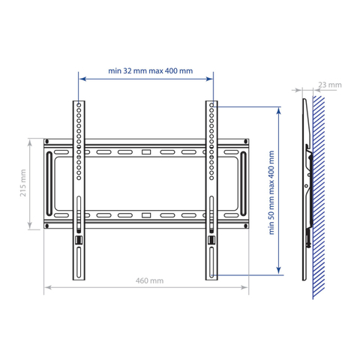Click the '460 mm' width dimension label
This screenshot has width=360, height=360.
(149, 280)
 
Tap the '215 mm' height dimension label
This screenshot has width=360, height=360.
(23, 183)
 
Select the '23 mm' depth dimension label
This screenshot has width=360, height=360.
(330, 85)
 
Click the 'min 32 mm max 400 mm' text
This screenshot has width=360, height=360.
(151, 71)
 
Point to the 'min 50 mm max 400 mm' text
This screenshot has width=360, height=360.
(271, 193)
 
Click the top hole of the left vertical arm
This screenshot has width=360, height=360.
(79, 105)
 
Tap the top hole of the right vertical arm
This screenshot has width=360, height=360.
(211, 105)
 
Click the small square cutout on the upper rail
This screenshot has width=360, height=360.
(146, 152)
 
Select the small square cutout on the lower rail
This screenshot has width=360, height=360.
(146, 215)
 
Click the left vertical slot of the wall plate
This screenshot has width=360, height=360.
(49, 184)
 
